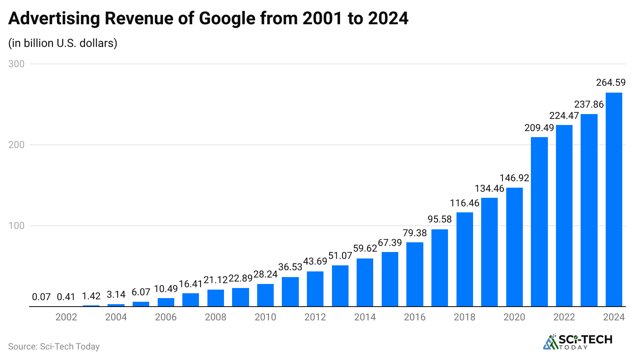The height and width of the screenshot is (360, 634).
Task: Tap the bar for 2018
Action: [465, 259]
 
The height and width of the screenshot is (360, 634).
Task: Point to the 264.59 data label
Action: [611, 83]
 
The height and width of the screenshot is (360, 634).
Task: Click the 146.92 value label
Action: [514, 178]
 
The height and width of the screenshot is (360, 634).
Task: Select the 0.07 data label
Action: [41, 297]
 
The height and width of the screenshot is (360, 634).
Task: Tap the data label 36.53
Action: [290, 267]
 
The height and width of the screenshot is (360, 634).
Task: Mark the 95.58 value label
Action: [440, 219]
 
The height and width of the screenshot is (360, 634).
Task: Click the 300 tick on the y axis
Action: [17, 64]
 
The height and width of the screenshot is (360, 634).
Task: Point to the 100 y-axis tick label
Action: [17, 226]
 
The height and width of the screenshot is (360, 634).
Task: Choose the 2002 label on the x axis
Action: [66, 317]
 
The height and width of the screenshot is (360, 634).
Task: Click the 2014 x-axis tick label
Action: [365, 317]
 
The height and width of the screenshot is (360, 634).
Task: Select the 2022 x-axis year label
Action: [564, 317]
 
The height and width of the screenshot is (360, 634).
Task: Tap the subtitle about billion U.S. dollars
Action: [63, 43]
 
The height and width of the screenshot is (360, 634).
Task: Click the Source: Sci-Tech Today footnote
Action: [54, 347]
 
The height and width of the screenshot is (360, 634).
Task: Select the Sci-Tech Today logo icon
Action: [550, 342]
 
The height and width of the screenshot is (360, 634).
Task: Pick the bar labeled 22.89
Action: [240, 297]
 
